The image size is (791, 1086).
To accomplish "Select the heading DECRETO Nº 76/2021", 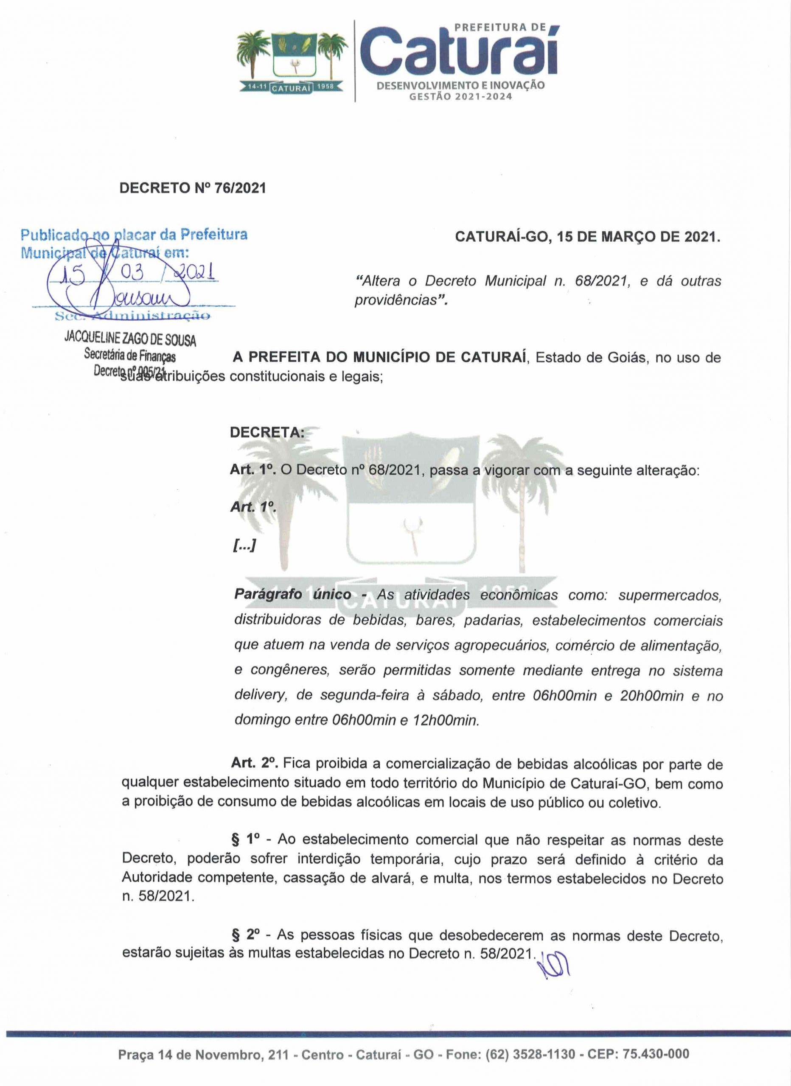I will coord(192,188).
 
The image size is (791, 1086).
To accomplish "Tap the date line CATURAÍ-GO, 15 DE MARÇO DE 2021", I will coord(587,237).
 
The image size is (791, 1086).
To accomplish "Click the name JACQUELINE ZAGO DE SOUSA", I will coord(130,339).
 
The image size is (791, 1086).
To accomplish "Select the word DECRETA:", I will coord(267,432).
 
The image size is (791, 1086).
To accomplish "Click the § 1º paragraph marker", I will coord(245,839).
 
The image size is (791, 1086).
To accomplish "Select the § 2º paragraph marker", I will coord(245,934).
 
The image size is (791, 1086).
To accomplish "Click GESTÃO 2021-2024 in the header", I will coord(460,97).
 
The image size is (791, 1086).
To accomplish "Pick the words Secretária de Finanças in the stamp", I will coord(130,356).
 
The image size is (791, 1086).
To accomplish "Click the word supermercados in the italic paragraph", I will coord(670,595).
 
